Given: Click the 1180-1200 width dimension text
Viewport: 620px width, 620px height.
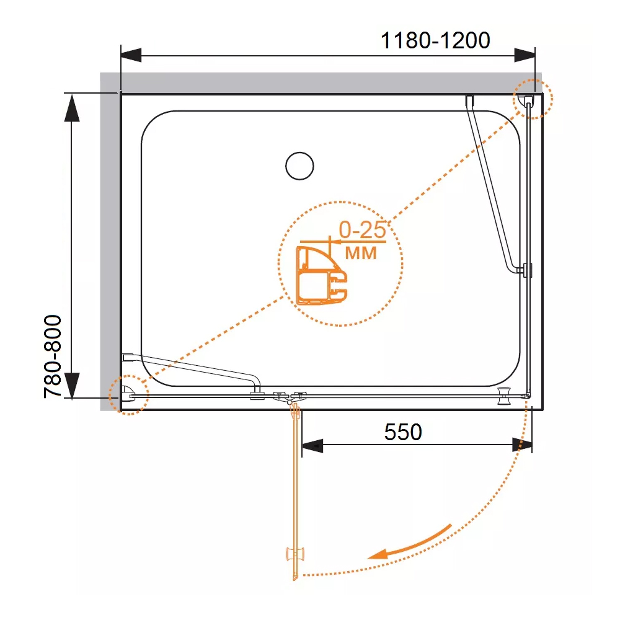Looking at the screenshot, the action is [435, 40].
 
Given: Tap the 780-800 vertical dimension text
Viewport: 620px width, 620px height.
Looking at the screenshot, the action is [53, 356].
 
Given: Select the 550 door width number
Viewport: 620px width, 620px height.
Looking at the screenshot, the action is [403, 432].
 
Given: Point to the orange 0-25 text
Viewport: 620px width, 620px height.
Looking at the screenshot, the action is [362, 230].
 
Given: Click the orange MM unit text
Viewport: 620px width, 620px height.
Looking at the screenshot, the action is [361, 253].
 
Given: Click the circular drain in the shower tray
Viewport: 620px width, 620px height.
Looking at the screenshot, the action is [299, 166].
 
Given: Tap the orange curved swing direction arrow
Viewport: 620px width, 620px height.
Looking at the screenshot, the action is [409, 543].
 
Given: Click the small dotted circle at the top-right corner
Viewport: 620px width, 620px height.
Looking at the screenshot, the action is [533, 99].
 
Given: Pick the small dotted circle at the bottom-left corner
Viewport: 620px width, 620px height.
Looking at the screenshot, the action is [128, 395].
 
